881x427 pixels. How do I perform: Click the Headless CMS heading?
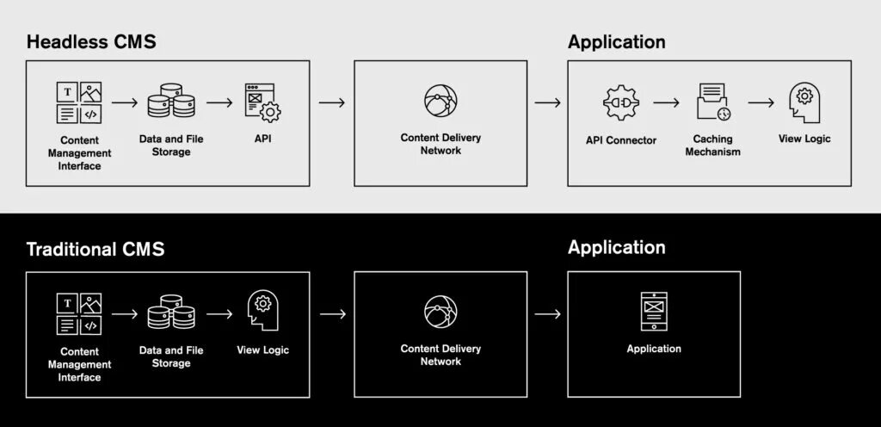pyautogui.click(x=91, y=42)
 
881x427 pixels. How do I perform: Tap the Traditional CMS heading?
pyautogui.click(x=95, y=250)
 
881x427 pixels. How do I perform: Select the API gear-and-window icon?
pyautogui.click(x=263, y=102)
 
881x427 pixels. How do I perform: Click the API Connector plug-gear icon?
pyautogui.click(x=620, y=102)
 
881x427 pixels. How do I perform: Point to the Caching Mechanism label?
pyautogui.click(x=712, y=145)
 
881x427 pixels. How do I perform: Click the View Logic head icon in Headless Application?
pyautogui.click(x=804, y=102)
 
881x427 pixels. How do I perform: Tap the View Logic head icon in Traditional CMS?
pyautogui.click(x=263, y=310)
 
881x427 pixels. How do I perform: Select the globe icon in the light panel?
pyautogui.click(x=440, y=102)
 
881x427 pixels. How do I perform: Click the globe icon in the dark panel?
pyautogui.click(x=440, y=312)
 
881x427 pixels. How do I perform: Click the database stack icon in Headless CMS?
pyautogui.click(x=170, y=102)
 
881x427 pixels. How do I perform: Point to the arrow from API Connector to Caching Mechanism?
pyautogui.click(x=666, y=102)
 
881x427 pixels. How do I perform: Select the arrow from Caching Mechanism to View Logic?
pyautogui.click(x=761, y=102)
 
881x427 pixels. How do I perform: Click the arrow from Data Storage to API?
pyautogui.click(x=219, y=102)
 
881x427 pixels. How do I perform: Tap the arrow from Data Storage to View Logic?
pyautogui.click(x=219, y=313)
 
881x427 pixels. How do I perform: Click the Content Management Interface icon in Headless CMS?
pyautogui.click(x=79, y=102)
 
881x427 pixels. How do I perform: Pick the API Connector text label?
pyautogui.click(x=620, y=139)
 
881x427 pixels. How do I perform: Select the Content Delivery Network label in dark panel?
pyautogui.click(x=440, y=355)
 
